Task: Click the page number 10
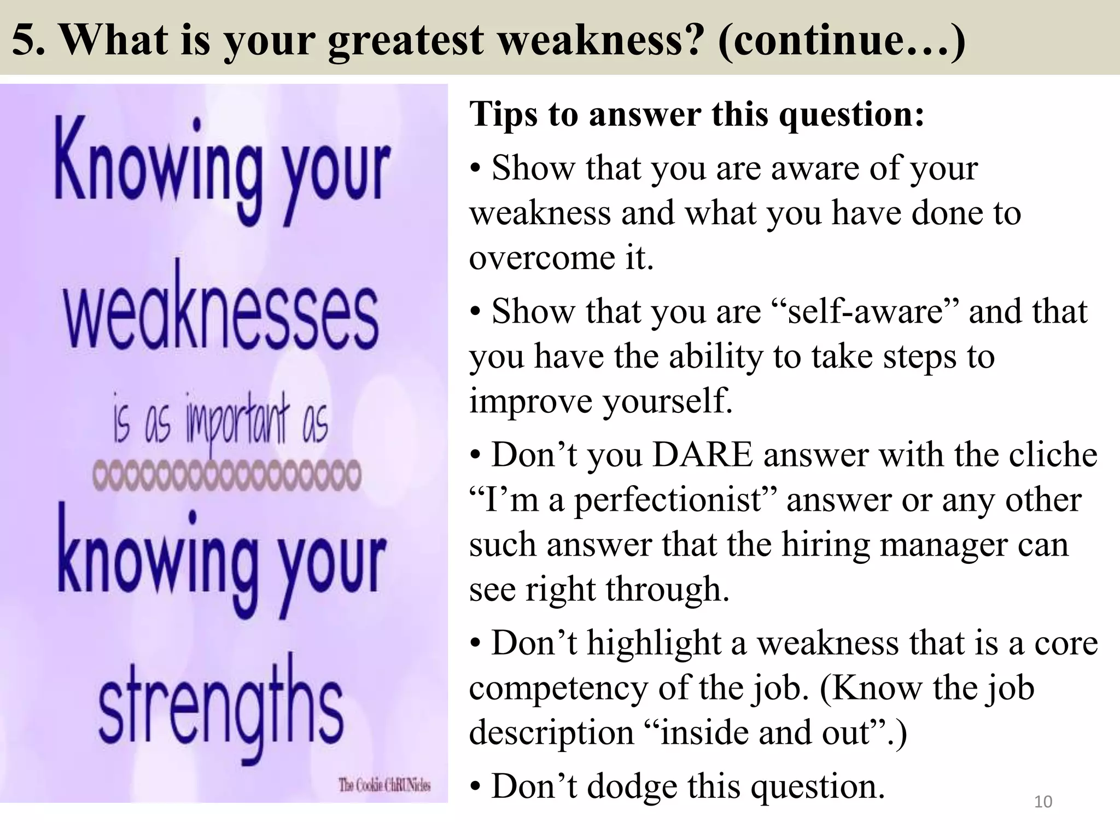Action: coord(1043,802)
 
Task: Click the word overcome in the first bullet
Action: coord(541,258)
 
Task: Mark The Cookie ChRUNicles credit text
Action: coord(384,786)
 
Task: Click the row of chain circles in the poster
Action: coord(226,474)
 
